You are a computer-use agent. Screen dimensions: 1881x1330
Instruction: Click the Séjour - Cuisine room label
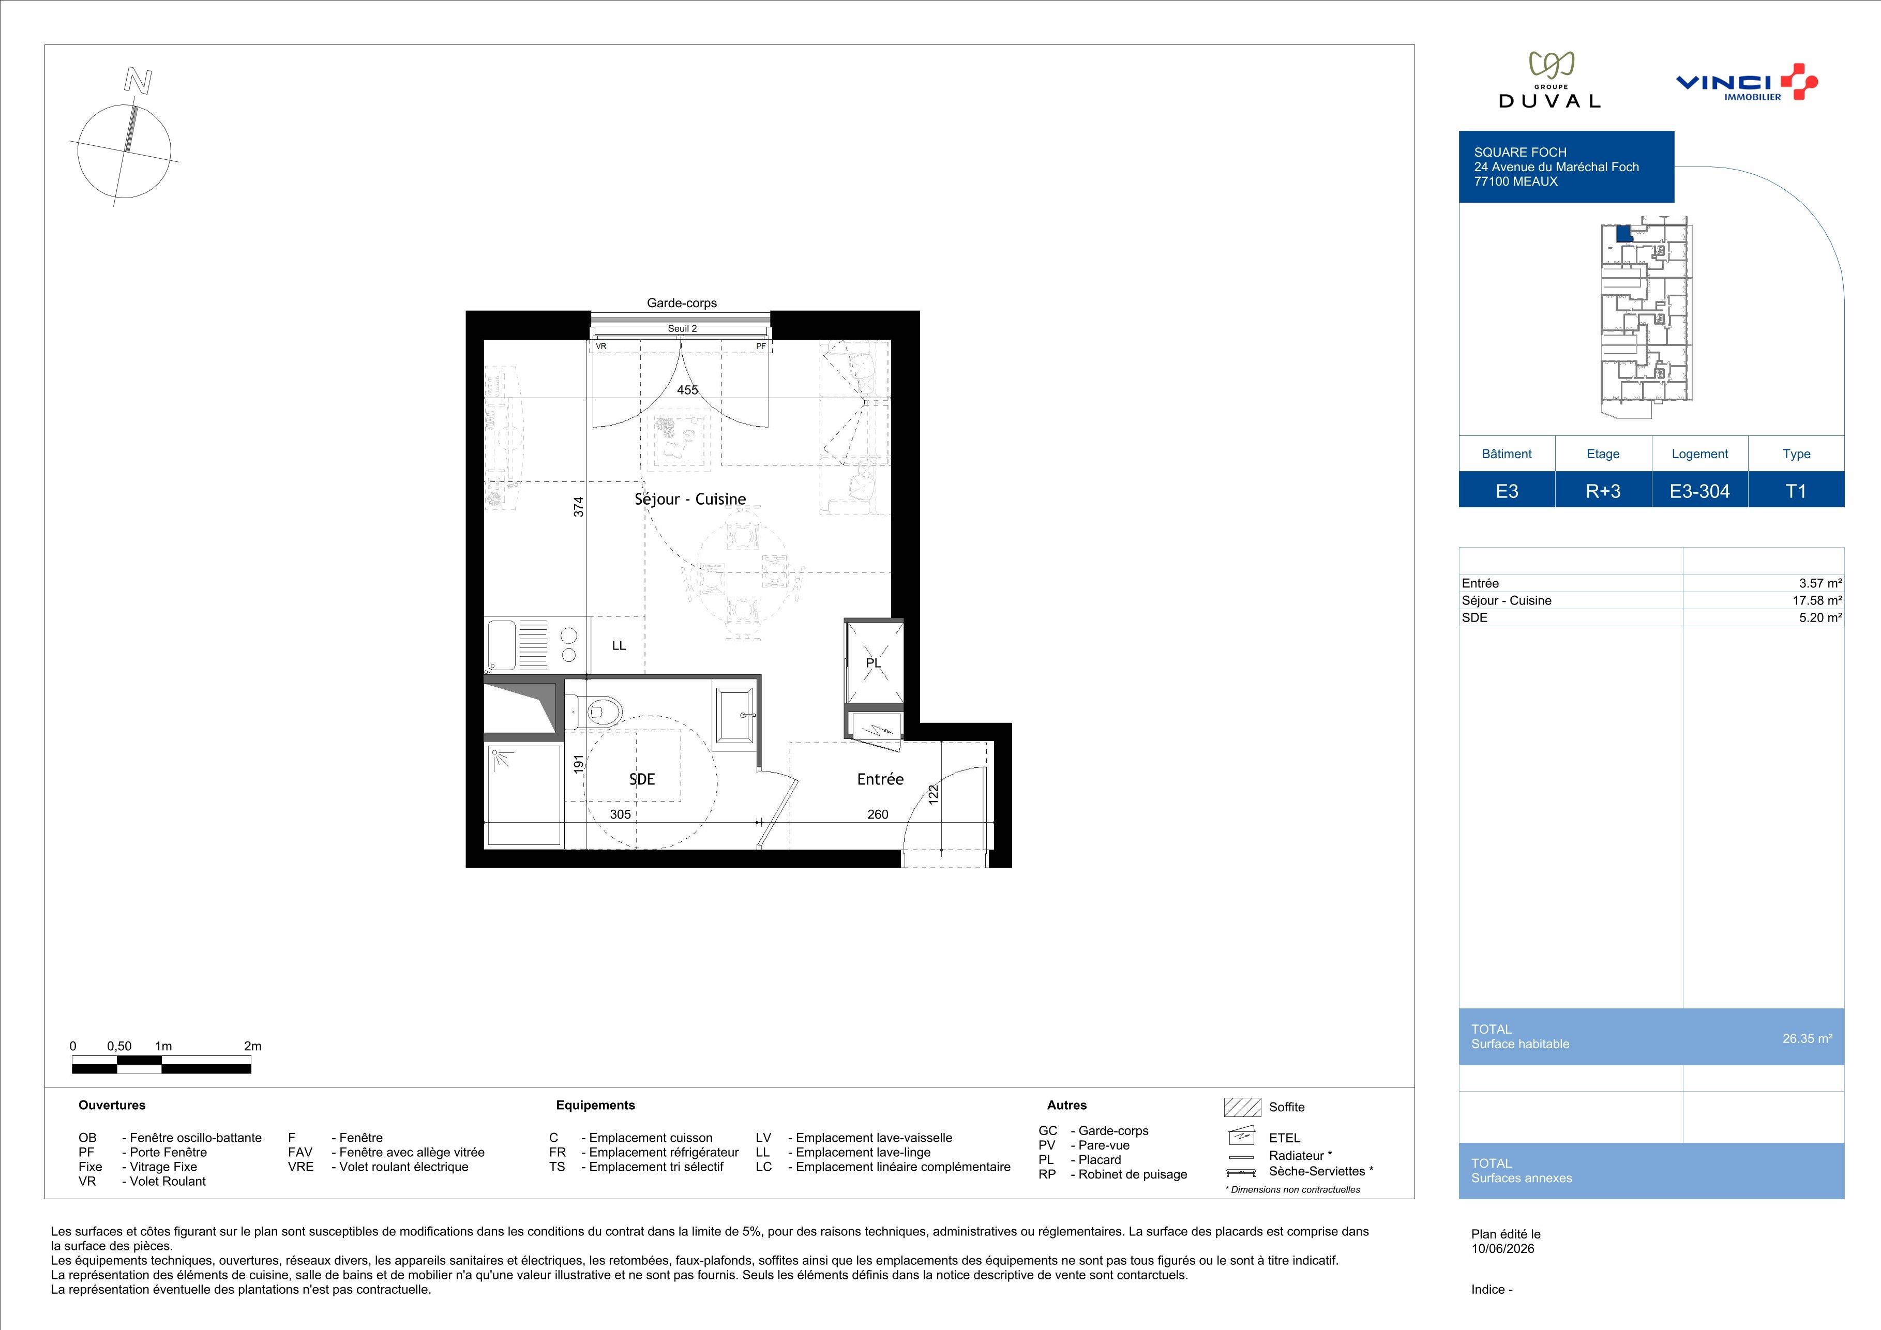click(690, 498)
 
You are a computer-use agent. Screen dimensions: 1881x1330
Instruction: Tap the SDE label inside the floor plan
click(642, 779)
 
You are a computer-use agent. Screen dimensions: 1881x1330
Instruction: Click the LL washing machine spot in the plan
click(619, 645)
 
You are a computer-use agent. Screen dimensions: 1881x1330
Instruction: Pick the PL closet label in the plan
click(874, 662)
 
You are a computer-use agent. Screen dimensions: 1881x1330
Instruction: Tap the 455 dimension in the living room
click(687, 390)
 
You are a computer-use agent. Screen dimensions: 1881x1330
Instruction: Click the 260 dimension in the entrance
click(878, 814)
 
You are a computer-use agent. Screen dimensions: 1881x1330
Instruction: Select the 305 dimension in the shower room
click(620, 814)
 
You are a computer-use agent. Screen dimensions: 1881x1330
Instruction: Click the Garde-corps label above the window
click(682, 303)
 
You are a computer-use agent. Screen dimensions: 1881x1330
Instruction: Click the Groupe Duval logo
click(1549, 80)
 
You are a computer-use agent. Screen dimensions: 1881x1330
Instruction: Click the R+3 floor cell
click(1603, 491)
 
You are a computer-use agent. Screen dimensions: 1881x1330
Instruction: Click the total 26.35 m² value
click(1807, 1038)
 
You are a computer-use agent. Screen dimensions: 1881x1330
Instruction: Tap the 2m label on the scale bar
click(252, 1046)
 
